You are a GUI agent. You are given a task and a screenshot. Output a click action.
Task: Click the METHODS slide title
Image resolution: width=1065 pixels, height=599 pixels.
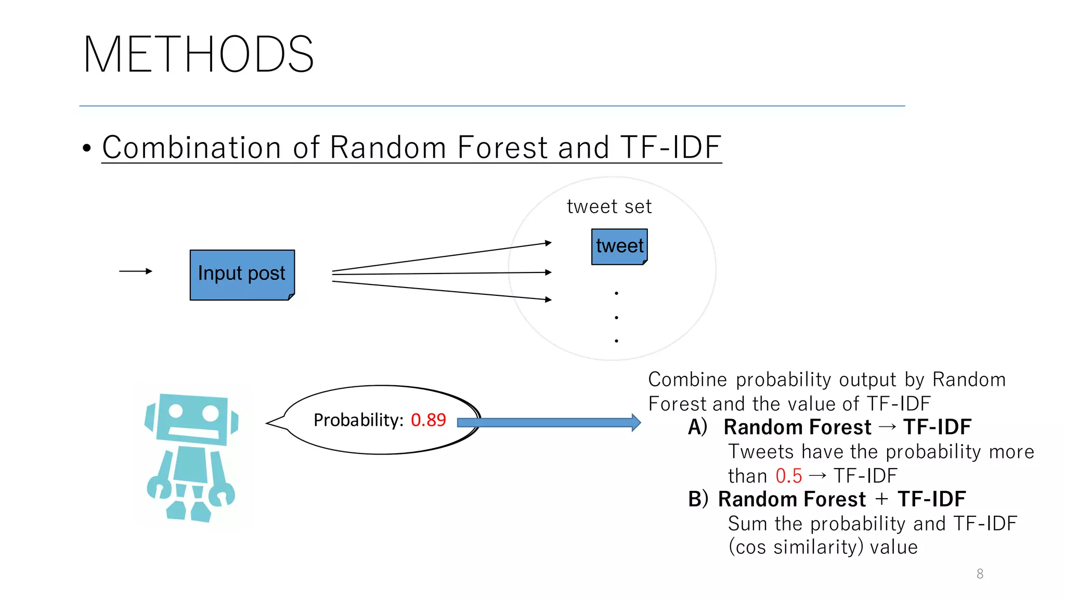198,55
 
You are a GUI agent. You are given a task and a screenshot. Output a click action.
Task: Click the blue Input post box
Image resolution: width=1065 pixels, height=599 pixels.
242,275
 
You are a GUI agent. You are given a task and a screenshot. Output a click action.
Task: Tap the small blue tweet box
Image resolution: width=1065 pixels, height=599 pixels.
619,246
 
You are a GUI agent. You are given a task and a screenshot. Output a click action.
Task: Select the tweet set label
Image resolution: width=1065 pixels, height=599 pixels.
609,207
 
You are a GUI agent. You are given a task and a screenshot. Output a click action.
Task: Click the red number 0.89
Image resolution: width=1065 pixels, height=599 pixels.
428,420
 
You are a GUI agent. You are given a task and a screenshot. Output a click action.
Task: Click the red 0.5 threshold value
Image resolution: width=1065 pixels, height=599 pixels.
788,476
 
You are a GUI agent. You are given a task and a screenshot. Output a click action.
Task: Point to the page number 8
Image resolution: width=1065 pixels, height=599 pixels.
980,574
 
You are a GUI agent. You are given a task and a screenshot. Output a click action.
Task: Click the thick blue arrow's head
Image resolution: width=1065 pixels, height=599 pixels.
635,422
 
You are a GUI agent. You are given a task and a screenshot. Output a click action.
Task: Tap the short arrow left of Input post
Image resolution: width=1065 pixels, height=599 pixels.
135,271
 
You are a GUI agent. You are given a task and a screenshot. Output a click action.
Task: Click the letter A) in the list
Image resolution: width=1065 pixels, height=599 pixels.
697,427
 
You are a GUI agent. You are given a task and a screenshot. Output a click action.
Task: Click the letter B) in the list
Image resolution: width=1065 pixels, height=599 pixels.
697,499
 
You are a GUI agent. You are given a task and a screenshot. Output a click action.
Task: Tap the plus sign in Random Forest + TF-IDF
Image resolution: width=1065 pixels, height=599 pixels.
881,499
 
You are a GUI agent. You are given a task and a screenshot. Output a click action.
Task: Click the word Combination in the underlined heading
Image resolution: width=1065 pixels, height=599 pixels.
192,147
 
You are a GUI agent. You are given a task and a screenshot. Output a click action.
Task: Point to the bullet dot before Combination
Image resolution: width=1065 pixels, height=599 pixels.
87,148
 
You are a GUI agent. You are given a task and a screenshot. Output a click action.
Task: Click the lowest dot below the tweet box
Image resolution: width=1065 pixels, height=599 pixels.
616,341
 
